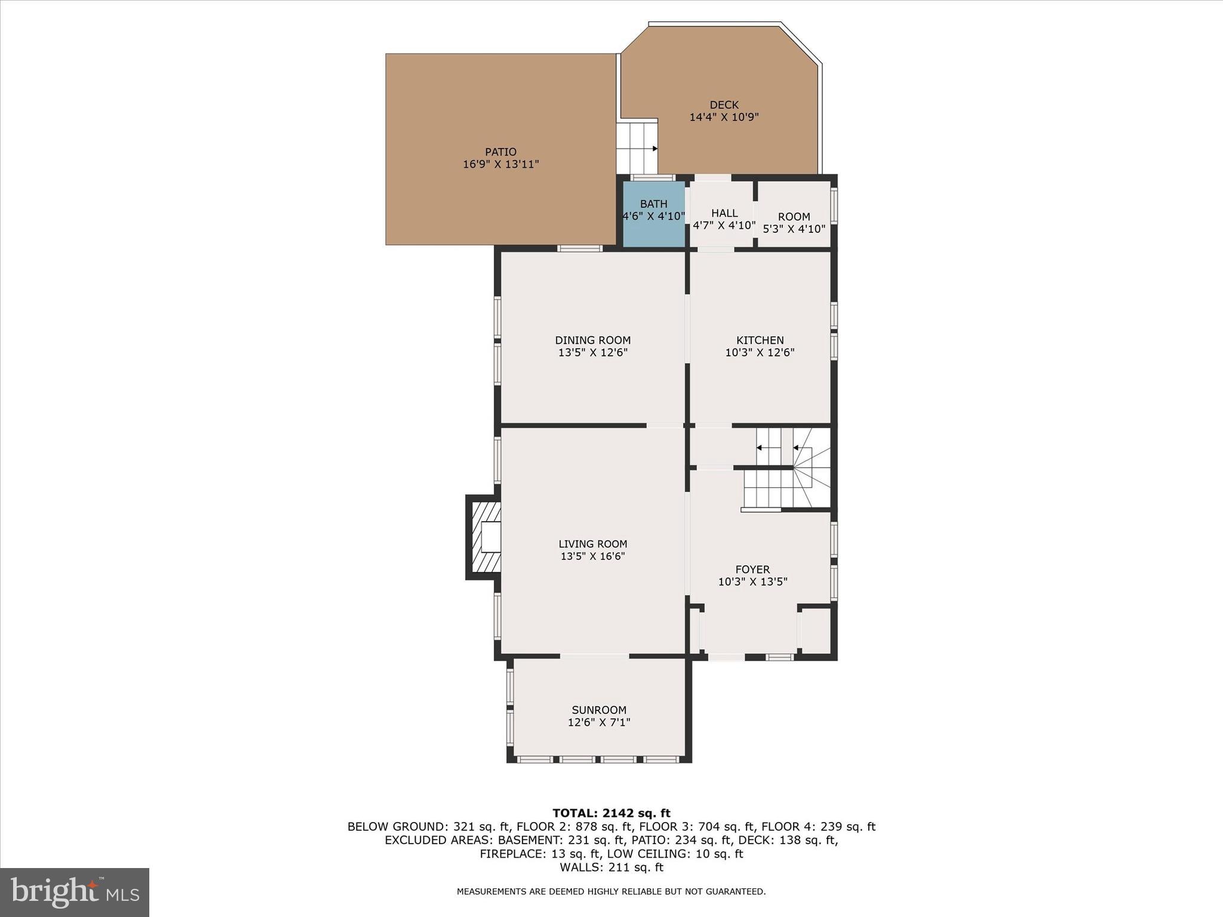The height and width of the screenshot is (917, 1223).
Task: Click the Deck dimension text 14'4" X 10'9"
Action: point(724,117)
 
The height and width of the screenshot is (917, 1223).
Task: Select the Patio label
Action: point(500,152)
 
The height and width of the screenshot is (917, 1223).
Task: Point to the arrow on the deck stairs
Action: point(654,149)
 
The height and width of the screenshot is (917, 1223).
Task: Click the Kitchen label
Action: point(760,340)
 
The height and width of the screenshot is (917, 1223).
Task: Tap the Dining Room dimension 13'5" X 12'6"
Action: point(592,353)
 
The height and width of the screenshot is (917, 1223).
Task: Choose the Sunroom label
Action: point(599,710)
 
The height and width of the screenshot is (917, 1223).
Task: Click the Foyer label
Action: point(752,570)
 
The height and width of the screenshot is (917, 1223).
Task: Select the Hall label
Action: point(724,213)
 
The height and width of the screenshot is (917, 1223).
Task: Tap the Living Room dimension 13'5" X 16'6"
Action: point(592,556)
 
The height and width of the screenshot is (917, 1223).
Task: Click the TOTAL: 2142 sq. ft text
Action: point(611,813)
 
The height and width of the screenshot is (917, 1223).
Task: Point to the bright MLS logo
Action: point(75,893)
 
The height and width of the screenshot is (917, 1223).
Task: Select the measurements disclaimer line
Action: point(611,891)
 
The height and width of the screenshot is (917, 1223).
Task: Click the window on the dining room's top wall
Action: point(580,248)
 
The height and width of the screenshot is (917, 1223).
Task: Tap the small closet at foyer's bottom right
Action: point(815,632)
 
